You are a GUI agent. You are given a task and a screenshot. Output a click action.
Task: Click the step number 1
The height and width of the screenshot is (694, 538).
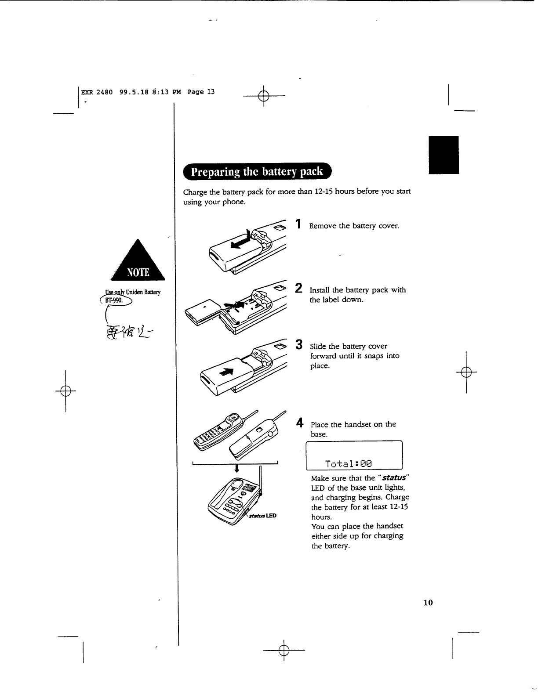(298, 224)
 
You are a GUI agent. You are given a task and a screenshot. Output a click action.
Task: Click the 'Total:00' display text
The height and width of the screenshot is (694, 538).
(349, 463)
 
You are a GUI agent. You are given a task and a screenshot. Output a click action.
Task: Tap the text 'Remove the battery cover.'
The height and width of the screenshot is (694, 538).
(354, 226)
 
